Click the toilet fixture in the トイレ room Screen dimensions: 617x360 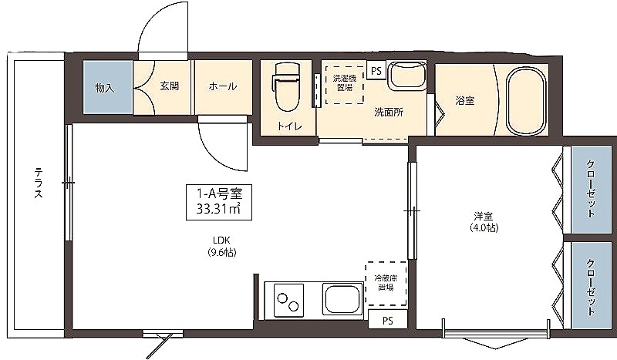(x=285, y=87)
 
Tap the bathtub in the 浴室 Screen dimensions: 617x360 (x=527, y=100)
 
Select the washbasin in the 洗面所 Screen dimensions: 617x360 (x=406, y=76)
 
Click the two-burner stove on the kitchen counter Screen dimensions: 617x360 (x=285, y=299)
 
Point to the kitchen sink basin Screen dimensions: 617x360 (x=342, y=298)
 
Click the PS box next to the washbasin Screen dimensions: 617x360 (x=376, y=71)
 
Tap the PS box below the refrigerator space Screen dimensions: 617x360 (x=388, y=321)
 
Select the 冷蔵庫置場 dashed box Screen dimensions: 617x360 (x=386, y=283)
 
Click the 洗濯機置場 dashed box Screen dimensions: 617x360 (x=344, y=84)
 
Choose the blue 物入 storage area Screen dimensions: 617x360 (x=107, y=87)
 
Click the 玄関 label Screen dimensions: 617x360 (x=170, y=86)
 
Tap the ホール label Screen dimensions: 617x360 (x=223, y=86)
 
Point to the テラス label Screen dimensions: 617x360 (x=38, y=183)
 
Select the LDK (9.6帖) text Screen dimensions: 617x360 (x=221, y=246)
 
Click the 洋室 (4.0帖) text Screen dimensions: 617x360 (x=484, y=221)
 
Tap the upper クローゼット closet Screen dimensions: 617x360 (x=591, y=189)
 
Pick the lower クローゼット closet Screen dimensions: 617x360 (x=591, y=285)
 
